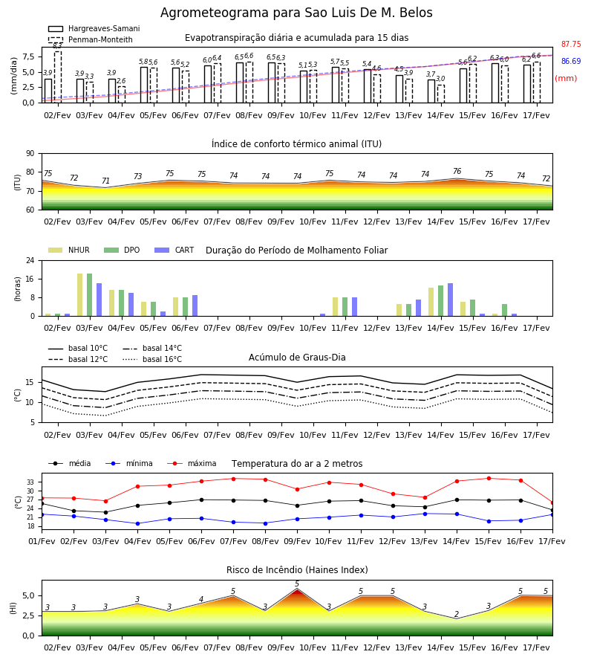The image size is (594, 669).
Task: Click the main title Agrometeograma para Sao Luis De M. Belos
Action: click(296, 13)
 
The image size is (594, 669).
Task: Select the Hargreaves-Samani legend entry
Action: click(94, 28)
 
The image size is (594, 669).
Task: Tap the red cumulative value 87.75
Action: click(571, 44)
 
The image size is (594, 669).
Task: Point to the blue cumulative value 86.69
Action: click(571, 61)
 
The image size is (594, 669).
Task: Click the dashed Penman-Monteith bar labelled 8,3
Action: click(57, 77)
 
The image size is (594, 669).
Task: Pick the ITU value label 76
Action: click(457, 171)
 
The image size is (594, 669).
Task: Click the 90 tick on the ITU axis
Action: click(30, 154)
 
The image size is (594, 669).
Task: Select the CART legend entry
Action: click(174, 250)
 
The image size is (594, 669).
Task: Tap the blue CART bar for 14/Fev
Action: click(451, 300)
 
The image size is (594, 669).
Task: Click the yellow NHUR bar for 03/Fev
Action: click(79, 295)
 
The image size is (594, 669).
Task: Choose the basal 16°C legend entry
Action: click(152, 359)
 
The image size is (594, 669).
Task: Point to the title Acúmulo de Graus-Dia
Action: click(297, 358)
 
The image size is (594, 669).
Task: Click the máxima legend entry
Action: click(192, 463)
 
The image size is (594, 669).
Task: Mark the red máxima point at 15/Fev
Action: click(489, 478)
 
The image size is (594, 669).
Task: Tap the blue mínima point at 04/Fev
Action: click(137, 523)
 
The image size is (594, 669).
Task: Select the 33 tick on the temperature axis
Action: click(30, 482)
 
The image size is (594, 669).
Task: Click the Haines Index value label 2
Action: click(457, 614)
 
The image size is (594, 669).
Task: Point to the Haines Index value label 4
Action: click(201, 599)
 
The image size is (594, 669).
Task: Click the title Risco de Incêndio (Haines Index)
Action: click(297, 570)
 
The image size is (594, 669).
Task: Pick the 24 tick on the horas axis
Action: click(30, 260)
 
